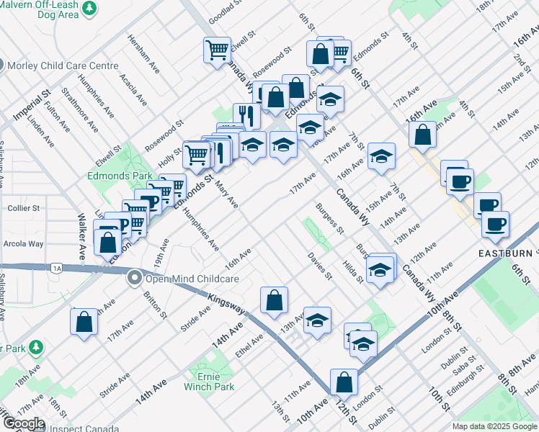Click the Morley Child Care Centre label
tap(63, 66)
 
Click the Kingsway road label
tap(226, 305)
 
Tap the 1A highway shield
tap(57, 268)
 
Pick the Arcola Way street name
tap(24, 243)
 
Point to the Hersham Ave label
tap(144, 53)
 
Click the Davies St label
tap(319, 266)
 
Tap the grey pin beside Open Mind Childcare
tap(134, 277)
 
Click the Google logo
tap(23, 423)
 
